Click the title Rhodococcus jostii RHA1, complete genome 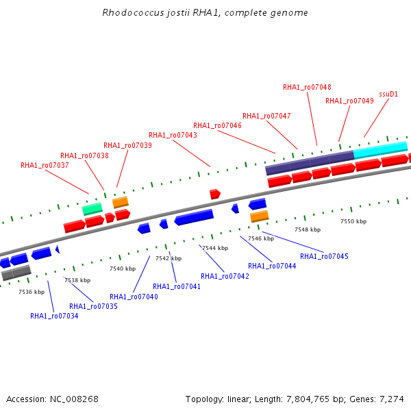(205, 12)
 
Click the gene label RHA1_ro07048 (307, 87)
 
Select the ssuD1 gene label (388, 94)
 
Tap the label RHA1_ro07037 (45, 165)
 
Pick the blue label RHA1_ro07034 (54, 316)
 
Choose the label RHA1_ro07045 (324, 256)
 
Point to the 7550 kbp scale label (353, 221)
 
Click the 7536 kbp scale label (32, 292)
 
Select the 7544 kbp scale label (215, 248)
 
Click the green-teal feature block (92, 209)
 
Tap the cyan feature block (380, 150)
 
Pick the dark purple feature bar (310, 163)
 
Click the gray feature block (16, 273)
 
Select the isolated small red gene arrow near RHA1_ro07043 (215, 195)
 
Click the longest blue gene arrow (194, 217)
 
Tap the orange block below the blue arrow (259, 216)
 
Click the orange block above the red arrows (121, 202)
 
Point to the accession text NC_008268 (74, 399)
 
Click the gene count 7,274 (392, 399)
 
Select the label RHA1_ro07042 (225, 276)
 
